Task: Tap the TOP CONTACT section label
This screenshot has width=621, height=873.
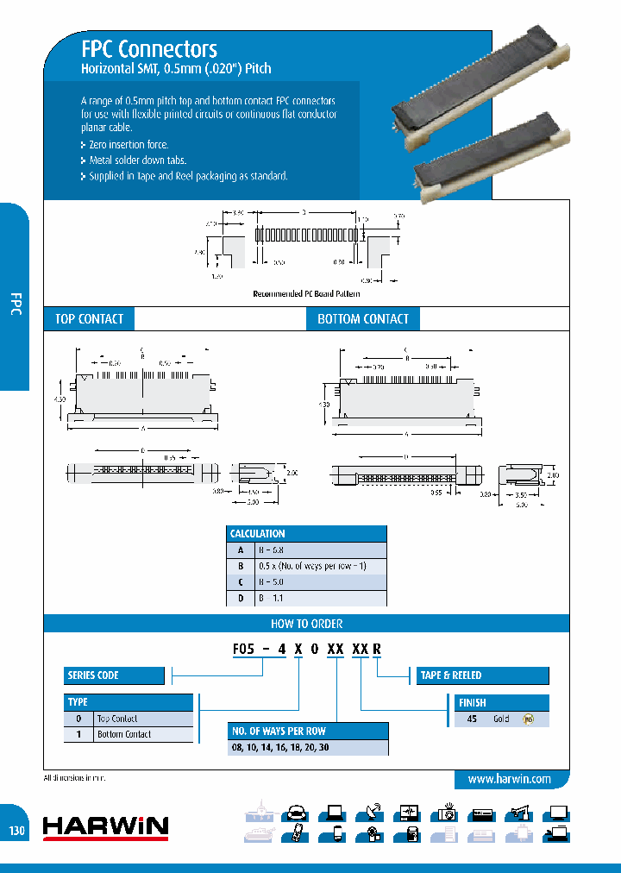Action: (89, 319)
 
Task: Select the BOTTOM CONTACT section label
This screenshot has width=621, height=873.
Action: (363, 319)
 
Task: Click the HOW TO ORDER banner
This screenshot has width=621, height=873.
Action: (307, 623)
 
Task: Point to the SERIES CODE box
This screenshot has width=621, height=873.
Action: (114, 675)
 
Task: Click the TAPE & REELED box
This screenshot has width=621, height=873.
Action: (483, 675)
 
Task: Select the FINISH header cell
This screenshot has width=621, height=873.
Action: (501, 702)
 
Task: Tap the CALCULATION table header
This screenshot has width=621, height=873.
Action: (306, 534)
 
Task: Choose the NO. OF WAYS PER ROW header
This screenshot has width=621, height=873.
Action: (308, 731)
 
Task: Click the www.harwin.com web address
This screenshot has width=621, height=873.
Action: (509, 779)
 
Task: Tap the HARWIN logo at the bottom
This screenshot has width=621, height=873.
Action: (106, 827)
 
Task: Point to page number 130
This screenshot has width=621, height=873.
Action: (17, 832)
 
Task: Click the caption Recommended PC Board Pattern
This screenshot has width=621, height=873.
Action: (306, 293)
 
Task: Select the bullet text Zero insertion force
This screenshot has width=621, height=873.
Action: (129, 145)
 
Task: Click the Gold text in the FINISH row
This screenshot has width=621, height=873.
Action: (501, 719)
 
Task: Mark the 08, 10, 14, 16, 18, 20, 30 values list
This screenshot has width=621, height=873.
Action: (279, 748)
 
